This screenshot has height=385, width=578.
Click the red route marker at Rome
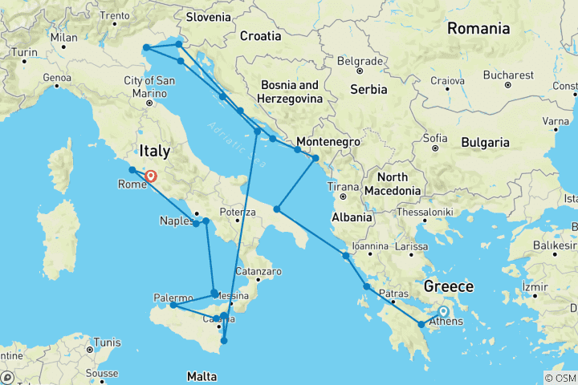pyautogui.click(x=150, y=176)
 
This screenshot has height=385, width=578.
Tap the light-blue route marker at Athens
pyautogui.click(x=442, y=311)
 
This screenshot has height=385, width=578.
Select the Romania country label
pyautogui.click(x=478, y=29)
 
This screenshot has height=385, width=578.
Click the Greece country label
pyautogui.click(x=449, y=286)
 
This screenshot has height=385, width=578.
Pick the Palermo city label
pyautogui.click(x=172, y=298)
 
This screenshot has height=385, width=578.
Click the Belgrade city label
pyautogui.click(x=360, y=61)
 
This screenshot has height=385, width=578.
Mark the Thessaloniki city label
pyautogui.click(x=426, y=212)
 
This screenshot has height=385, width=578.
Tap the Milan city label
pyautogui.click(x=63, y=37)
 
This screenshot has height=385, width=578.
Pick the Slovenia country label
pyautogui.click(x=208, y=16)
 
